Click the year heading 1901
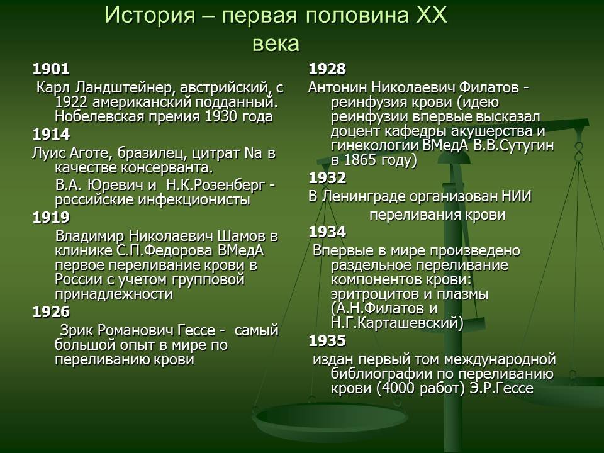click(x=51, y=69)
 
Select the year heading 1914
click(x=51, y=135)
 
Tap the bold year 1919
click(x=51, y=218)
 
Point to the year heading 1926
click(x=51, y=312)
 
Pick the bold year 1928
click(x=327, y=69)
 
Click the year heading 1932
click(x=327, y=178)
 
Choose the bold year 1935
click(x=327, y=341)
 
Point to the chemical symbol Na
click(x=253, y=154)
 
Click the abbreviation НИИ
click(x=517, y=196)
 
